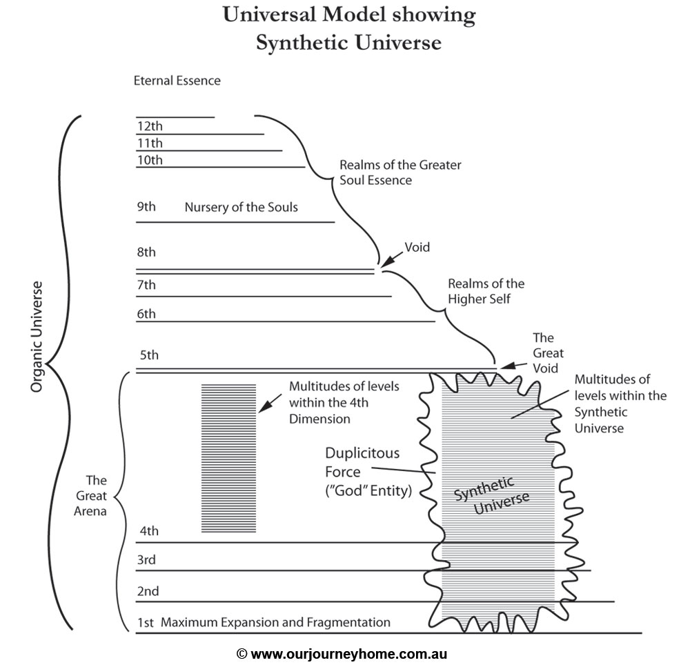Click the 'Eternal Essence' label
pos(177,81)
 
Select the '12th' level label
pos(150,126)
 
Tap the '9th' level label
pos(146,207)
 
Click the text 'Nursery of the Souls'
pos(241,207)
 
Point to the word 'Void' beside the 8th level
pos(417,247)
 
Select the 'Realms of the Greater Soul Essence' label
pos(400,172)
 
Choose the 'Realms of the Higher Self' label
pos(486,291)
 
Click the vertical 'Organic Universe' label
pos(37,337)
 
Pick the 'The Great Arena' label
pos(95,495)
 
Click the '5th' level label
pos(148,356)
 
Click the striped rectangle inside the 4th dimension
pos(228,458)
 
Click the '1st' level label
pos(145,623)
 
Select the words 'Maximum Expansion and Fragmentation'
pos(276,623)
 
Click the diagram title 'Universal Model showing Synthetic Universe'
pos(348,28)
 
